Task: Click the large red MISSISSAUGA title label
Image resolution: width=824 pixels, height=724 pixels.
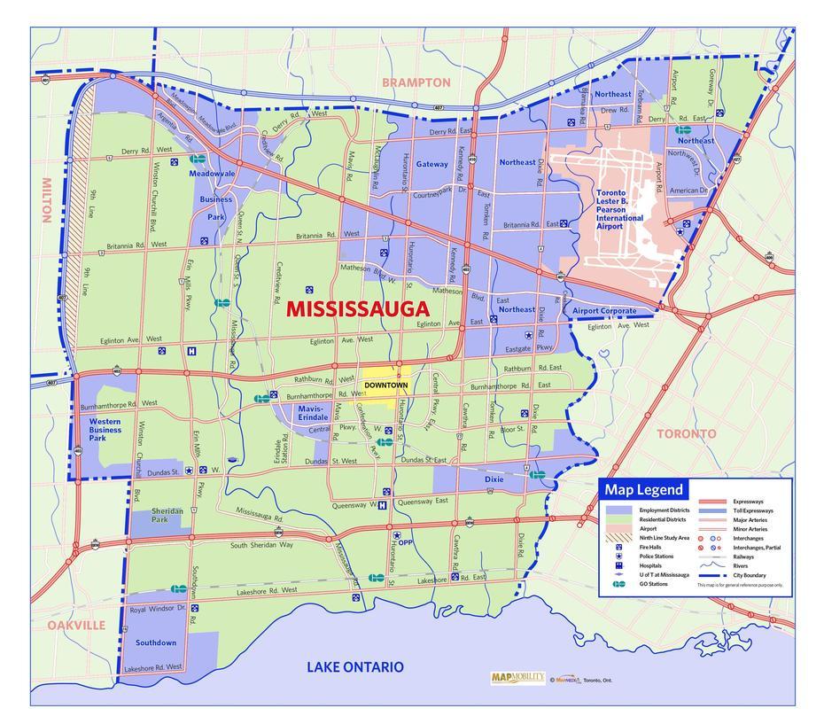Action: [359, 309]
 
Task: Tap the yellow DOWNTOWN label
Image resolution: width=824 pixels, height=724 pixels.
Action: [385, 385]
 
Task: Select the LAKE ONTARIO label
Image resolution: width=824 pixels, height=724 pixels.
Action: [354, 667]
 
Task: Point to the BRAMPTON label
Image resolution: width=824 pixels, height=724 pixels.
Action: [416, 82]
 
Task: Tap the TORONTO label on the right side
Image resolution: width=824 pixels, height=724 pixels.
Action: [686, 434]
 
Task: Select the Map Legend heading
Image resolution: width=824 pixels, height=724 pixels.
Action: [644, 489]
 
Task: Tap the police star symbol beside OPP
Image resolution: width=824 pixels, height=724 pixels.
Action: [397, 535]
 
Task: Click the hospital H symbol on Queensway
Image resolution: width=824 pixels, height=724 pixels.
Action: [382, 506]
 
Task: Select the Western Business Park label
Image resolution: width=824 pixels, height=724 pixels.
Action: [105, 430]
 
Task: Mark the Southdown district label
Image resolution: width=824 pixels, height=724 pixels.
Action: [155, 642]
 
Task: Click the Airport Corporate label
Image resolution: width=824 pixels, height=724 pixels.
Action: [604, 311]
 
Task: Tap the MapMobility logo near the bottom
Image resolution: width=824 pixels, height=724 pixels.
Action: [517, 678]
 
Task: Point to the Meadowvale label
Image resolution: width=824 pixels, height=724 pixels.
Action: [212, 174]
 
